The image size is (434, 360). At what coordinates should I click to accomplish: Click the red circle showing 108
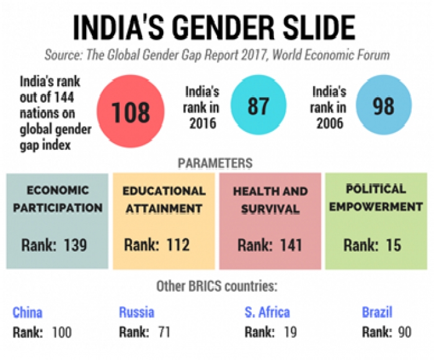pyautogui.click(x=131, y=112)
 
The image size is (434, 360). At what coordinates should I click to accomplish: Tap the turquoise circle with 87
pyautogui.click(x=258, y=106)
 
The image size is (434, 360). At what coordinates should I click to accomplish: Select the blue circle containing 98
pyautogui.click(x=383, y=106)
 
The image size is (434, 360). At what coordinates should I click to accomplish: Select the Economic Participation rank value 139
pyautogui.click(x=75, y=245)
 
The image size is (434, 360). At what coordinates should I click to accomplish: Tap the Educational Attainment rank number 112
pyautogui.click(x=177, y=245)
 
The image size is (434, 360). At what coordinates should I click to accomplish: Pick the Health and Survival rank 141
pyautogui.click(x=290, y=245)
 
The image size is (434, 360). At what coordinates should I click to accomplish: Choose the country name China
pyautogui.click(x=27, y=312)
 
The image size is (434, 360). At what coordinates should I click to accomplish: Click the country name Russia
pyautogui.click(x=136, y=312)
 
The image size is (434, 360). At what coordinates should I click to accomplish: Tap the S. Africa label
pyautogui.click(x=267, y=312)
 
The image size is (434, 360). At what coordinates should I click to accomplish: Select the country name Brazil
pyautogui.click(x=378, y=312)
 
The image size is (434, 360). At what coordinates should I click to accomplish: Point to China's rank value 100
pyautogui.click(x=61, y=333)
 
